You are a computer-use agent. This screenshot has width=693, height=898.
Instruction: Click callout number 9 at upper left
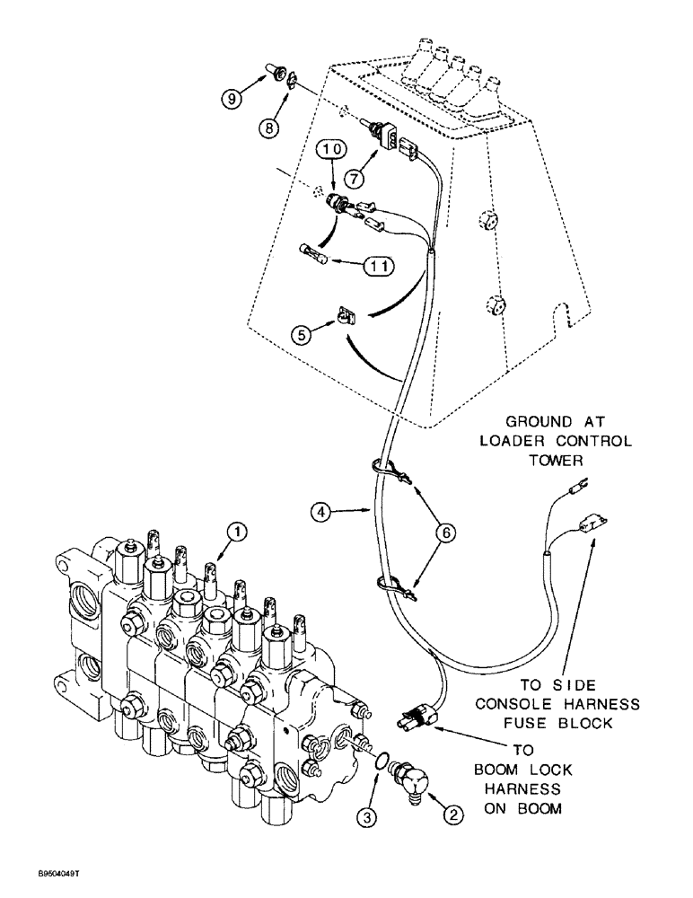pos(232,100)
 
